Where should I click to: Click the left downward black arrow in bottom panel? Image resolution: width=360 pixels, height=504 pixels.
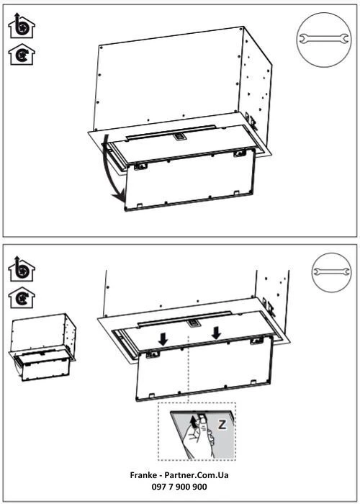click(x=163, y=338)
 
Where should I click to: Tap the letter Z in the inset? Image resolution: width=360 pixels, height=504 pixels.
click(x=222, y=426)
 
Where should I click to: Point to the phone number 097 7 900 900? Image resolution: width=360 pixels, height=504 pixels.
click(x=180, y=487)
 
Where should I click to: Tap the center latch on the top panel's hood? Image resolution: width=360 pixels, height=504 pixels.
click(x=178, y=134)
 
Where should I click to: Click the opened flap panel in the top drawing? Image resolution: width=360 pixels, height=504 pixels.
click(x=191, y=184)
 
